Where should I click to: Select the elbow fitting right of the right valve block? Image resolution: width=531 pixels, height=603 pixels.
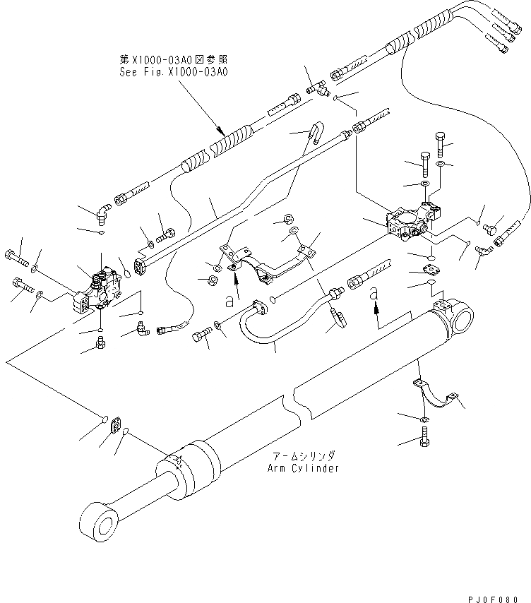point(484,250)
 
